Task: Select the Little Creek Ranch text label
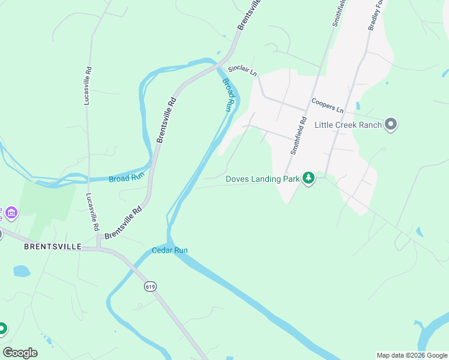tap(348, 125)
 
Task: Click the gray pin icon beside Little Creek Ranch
tap(391, 125)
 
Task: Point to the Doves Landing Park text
tap(262, 178)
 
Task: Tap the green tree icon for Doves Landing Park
tap(309, 178)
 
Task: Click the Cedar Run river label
tap(169, 250)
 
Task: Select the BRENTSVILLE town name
tap(52, 247)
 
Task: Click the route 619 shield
tap(150, 287)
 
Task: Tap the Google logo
tap(20, 353)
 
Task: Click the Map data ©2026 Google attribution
tap(412, 355)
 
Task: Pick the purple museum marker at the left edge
tap(11, 212)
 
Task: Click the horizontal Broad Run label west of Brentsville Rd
tap(127, 178)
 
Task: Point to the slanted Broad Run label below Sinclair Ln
tap(228, 95)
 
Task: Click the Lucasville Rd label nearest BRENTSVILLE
tap(92, 213)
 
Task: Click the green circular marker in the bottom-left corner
tap(2, 328)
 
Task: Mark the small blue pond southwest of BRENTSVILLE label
tap(22, 271)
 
